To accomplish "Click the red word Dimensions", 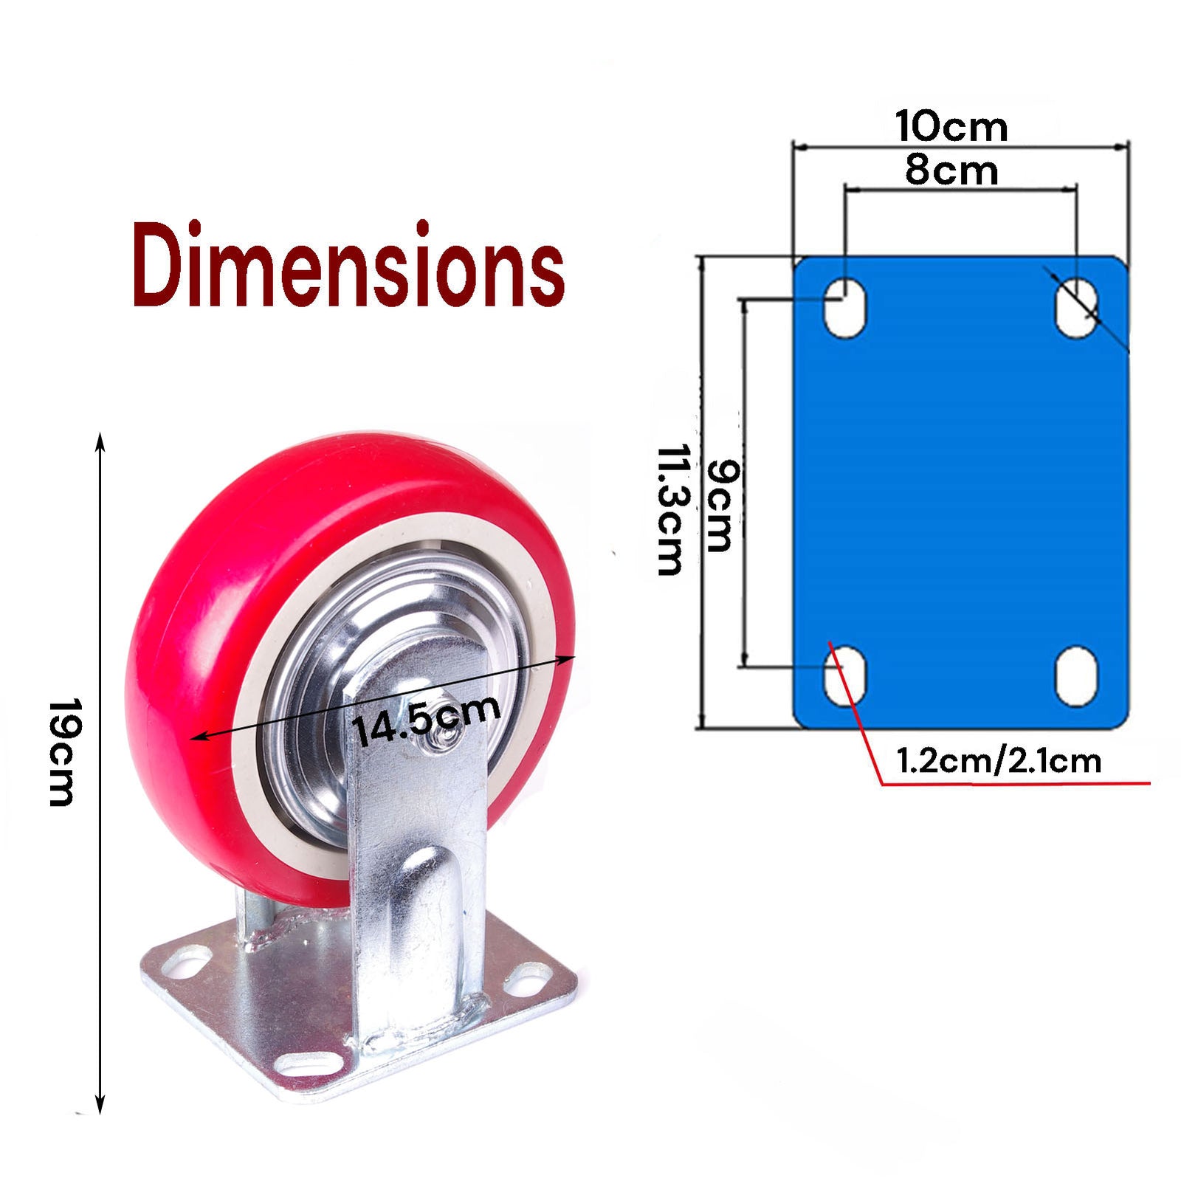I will tap(348, 266).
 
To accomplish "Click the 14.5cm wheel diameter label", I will tap(427, 720).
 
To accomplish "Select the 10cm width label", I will tap(951, 126).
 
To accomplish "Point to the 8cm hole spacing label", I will tap(951, 171).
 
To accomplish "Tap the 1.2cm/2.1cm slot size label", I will tap(998, 761).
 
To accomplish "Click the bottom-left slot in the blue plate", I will tap(845, 676).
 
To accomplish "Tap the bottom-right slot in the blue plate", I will tap(1076, 676).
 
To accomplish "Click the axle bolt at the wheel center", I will tap(436, 740).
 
